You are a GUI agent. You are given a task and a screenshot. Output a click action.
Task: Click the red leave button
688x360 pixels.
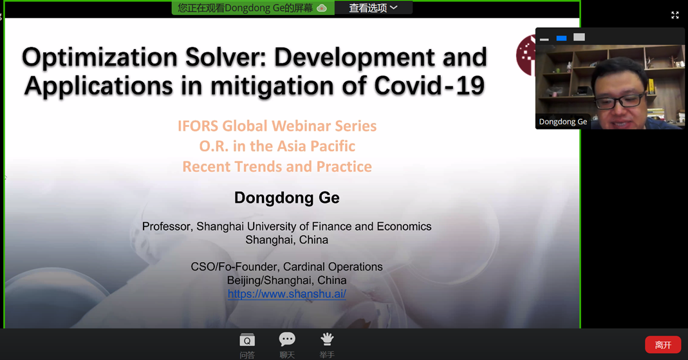click(x=662, y=345)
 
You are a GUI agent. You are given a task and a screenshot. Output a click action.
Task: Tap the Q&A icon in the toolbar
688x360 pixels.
click(x=247, y=340)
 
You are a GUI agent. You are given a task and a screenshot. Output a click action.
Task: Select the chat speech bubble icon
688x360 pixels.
click(x=287, y=339)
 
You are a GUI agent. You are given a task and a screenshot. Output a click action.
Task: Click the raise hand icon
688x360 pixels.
click(x=327, y=339)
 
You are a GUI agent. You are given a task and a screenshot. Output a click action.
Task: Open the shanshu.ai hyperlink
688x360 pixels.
click(x=287, y=294)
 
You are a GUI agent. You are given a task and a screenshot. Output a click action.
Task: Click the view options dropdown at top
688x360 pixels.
click(x=373, y=8)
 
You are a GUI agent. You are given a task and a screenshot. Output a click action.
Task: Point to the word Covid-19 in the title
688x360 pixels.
click(x=429, y=86)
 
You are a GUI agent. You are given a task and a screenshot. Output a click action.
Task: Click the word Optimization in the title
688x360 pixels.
click(x=100, y=57)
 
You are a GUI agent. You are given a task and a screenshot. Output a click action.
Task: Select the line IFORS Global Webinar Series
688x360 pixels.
click(x=277, y=126)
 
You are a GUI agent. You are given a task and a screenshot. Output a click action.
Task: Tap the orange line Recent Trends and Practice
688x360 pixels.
click(x=277, y=166)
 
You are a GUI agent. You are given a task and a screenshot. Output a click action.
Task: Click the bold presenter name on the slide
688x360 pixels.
click(x=286, y=198)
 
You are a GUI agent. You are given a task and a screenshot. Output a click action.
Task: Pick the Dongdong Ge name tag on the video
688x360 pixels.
click(x=563, y=122)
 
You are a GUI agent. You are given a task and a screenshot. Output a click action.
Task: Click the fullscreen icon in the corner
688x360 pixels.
click(x=675, y=15)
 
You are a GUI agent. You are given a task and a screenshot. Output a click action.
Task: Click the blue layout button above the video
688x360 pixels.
click(x=561, y=38)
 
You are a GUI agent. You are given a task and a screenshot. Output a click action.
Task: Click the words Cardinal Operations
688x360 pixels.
click(x=333, y=267)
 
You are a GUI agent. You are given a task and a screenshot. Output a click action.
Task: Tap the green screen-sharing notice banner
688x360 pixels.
click(x=253, y=8)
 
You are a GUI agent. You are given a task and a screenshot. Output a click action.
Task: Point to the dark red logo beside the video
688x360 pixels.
click(x=526, y=55)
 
